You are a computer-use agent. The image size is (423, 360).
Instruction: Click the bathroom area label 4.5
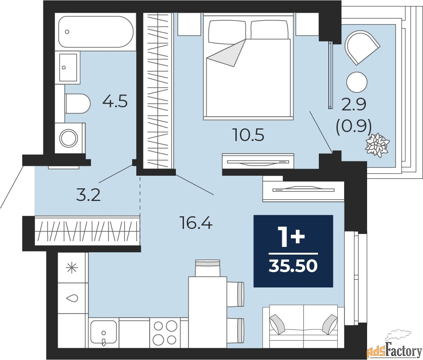tap(115, 101)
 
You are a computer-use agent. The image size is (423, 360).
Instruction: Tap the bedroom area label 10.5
tap(248, 135)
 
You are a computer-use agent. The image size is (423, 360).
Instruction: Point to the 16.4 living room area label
tap(196, 223)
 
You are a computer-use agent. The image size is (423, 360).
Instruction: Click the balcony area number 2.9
tap(354, 104)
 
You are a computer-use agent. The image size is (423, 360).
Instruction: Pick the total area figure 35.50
tap(293, 265)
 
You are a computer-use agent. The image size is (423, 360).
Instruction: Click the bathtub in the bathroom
tap(96, 32)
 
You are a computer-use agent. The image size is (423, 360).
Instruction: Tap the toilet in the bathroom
tap(78, 104)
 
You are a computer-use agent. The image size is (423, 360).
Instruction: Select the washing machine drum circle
tap(69, 138)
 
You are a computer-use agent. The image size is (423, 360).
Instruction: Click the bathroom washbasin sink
tap(68, 68)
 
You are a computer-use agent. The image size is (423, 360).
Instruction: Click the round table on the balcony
tap(357, 82)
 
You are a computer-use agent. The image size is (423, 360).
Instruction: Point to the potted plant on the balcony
tap(377, 145)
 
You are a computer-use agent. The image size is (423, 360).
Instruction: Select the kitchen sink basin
tap(104, 333)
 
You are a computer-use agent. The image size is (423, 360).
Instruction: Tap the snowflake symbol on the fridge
tap(72, 268)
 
